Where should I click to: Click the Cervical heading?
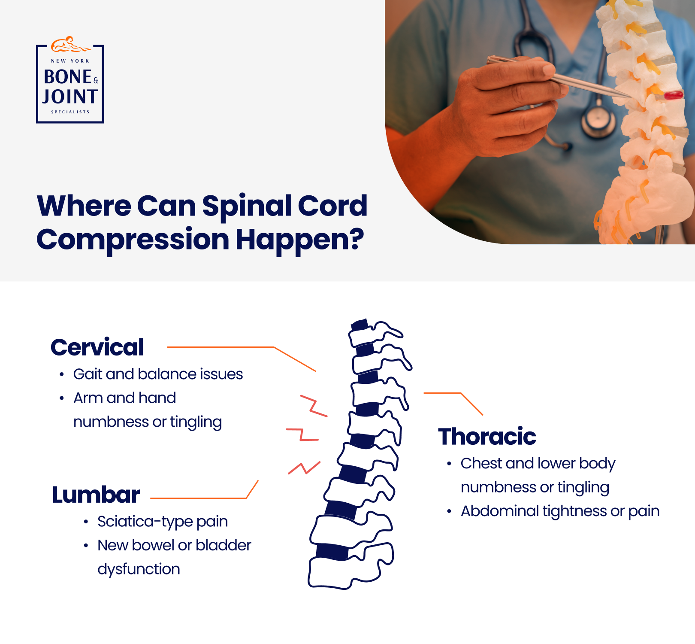tap(97, 347)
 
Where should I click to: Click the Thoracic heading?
tap(487, 437)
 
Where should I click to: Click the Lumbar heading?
tap(96, 495)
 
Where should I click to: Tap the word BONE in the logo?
tap(68, 77)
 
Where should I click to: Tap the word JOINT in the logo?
tap(70, 97)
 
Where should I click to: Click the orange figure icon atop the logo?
tap(70, 44)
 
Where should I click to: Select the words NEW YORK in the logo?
tap(70, 61)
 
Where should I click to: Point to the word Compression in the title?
tap(133, 240)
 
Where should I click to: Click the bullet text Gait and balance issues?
tap(158, 374)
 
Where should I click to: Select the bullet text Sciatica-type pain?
tap(163, 522)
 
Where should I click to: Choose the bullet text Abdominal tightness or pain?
tap(560, 511)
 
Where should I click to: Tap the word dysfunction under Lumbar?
tap(139, 569)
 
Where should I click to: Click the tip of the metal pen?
tap(631, 97)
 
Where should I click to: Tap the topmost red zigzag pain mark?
tap(314, 406)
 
